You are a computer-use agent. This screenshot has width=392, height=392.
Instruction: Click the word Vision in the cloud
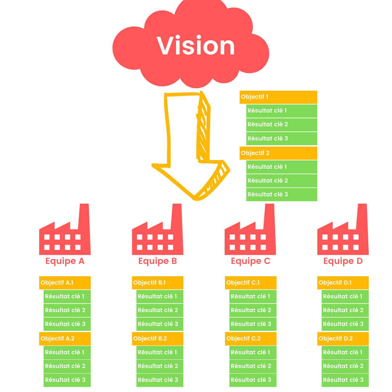point(196,46)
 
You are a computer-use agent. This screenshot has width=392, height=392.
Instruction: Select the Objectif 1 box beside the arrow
point(278,97)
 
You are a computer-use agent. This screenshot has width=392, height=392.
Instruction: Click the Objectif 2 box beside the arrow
point(278,153)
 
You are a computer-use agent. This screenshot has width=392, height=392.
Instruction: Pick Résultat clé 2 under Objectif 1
point(281,124)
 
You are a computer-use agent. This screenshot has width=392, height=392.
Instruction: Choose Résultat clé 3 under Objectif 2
point(281,195)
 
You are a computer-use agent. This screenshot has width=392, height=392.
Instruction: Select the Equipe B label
point(158,261)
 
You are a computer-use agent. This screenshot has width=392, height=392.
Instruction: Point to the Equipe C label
point(250,261)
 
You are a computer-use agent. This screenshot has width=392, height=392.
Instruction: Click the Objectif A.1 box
point(65,283)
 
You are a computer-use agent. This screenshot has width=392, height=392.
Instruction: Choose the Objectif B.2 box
point(158,339)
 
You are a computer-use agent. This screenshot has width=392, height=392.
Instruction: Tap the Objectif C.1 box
point(250,283)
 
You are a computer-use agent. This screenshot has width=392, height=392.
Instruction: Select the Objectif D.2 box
point(343,339)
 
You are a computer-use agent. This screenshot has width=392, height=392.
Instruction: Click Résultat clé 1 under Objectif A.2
point(67,352)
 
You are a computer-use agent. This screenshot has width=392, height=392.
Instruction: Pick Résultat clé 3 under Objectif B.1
point(160,324)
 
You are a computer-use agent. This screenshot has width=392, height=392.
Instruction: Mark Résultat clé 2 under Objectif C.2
point(253,366)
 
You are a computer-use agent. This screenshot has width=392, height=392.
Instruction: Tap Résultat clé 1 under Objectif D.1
point(345,297)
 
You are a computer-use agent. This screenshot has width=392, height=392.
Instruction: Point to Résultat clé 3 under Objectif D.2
point(345,380)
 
